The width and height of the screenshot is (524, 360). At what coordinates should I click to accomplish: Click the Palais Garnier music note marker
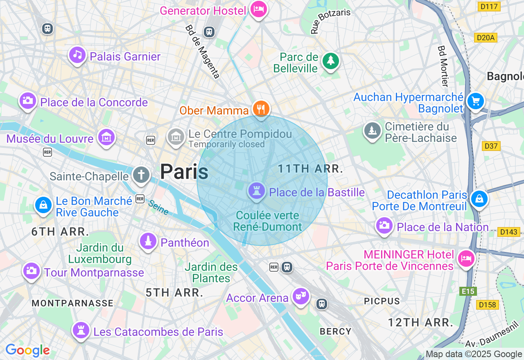tap(77, 55)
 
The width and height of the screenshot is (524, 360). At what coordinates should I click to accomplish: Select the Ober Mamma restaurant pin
tap(261, 109)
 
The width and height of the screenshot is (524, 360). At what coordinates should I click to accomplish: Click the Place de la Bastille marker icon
tap(257, 191)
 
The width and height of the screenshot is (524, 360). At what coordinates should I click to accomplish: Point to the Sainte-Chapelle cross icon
tap(141, 175)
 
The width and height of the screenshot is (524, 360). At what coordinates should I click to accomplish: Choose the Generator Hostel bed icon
tap(259, 9)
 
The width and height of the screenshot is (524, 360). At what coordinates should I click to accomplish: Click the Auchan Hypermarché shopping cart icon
tap(475, 101)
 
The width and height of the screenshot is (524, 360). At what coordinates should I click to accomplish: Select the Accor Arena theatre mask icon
tap(301, 296)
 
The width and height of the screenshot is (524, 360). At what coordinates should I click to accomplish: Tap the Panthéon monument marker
tap(148, 241)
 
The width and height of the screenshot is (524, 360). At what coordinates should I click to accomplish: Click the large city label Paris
tap(184, 171)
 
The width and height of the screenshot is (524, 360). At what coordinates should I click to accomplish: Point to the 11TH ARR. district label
tap(310, 169)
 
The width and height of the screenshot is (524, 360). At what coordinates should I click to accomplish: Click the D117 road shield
tap(489, 7)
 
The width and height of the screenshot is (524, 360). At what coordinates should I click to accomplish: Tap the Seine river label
tap(158, 207)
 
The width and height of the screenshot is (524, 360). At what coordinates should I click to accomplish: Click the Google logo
tap(27, 350)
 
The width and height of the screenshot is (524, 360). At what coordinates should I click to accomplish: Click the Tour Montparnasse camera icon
tap(31, 270)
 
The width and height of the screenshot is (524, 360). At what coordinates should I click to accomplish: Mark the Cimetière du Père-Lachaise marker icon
tap(373, 130)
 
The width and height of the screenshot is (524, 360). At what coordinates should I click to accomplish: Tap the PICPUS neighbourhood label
tap(382, 301)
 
